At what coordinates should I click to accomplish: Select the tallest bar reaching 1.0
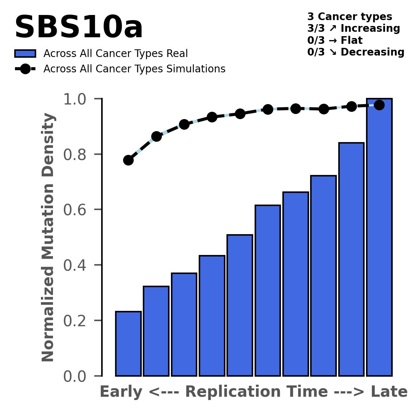pos(379,237)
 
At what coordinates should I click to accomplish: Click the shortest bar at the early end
pos(128,343)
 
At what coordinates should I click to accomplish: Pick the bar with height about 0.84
pos(351,259)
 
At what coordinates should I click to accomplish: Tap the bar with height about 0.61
pos(267,290)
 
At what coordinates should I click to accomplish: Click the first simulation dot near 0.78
pos(128,160)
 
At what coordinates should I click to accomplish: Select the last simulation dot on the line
pos(379,105)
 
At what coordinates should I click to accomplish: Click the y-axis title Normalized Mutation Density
pos(48,237)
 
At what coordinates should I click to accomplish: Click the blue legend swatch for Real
pos(25,54)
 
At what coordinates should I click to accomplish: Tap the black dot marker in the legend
pos(25,69)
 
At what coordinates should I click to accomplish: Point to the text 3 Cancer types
pos(350,17)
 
